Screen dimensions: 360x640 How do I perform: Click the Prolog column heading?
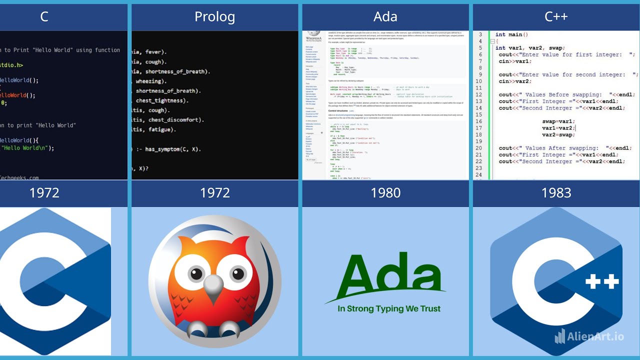point(214,17)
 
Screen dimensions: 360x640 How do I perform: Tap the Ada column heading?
point(385,17)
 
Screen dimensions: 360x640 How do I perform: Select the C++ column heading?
point(556,17)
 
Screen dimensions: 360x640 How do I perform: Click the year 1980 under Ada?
point(385,193)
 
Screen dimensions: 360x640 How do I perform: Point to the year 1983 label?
point(556,193)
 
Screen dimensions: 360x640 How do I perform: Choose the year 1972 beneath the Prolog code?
point(214,193)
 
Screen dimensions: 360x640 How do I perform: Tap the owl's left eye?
point(196,274)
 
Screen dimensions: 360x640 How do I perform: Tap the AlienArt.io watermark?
point(589,336)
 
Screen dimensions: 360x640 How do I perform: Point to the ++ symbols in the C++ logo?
point(602,281)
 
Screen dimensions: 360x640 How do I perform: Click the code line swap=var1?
point(558,121)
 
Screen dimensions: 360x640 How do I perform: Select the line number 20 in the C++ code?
point(479,148)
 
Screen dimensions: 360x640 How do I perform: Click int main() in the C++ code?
point(511,35)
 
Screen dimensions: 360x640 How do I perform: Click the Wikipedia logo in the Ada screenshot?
point(314,34)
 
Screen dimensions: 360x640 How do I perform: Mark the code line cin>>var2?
point(515,81)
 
